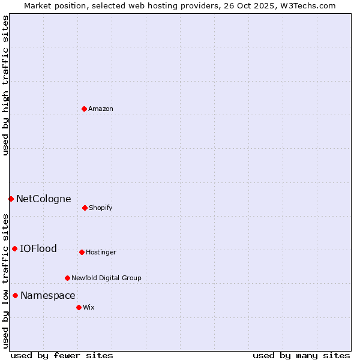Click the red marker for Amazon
click(x=84, y=109)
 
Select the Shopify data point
click(x=85, y=208)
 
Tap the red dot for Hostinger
click(x=82, y=252)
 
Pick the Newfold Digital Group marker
click(x=67, y=278)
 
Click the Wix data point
click(x=79, y=307)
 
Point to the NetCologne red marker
click(x=11, y=199)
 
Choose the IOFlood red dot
click(x=14, y=248)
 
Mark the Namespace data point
click(x=15, y=295)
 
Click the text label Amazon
click(x=101, y=109)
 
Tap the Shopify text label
click(x=100, y=208)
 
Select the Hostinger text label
click(x=101, y=252)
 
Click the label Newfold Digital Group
click(x=106, y=278)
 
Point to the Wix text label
click(x=89, y=307)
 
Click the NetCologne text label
click(x=43, y=199)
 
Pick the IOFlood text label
click(x=38, y=248)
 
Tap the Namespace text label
click(x=47, y=295)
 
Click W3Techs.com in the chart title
click(x=308, y=5)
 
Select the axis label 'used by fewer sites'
click(x=62, y=355)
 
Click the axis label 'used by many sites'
click(x=301, y=355)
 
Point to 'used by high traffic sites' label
click(x=5, y=85)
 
